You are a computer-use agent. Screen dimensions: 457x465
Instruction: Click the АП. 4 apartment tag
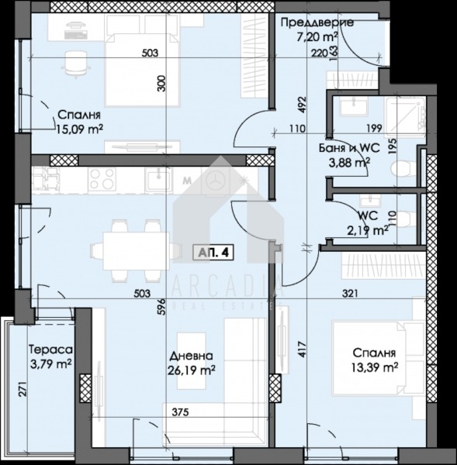pos(213,253)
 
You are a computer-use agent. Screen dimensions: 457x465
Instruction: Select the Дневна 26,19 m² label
pos(191,363)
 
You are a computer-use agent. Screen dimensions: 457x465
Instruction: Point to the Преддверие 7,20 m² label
pos(317,29)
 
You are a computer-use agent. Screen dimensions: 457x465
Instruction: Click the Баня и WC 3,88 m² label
pos(349,155)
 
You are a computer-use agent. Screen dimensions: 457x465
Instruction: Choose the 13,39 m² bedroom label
pos(375,360)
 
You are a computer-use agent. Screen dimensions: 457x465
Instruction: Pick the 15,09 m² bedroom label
pos(80,122)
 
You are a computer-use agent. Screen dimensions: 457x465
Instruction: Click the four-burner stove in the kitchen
pos(102,179)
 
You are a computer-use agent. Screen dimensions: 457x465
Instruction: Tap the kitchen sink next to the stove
pos(158,179)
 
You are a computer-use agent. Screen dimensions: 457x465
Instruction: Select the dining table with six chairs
pos(136,251)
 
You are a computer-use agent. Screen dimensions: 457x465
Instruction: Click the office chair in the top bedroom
pos(75,64)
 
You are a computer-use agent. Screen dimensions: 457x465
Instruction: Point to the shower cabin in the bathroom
pos(405,117)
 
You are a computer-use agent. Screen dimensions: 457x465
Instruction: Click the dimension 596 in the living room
pos(161,306)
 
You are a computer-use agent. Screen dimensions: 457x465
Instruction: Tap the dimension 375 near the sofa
pos(180,412)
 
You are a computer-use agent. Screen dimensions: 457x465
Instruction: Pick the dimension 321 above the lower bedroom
pos(351,293)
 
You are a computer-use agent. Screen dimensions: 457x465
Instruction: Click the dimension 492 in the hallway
pos(302,104)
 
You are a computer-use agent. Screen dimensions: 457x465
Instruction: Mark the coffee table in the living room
pos(192,360)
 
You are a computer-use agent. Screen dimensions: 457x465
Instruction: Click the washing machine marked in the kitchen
pos(214,181)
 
